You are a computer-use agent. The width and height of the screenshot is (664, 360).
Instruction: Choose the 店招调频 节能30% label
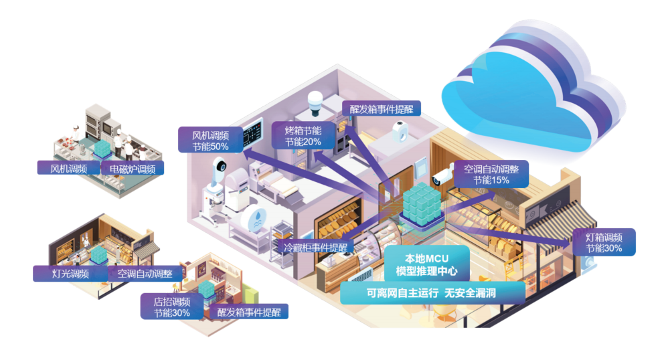172,306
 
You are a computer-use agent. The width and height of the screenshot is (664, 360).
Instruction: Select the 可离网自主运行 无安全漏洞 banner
432,292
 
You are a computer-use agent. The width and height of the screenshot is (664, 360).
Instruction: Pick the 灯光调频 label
70,273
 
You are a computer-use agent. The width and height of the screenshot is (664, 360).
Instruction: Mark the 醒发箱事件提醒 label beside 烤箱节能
381,108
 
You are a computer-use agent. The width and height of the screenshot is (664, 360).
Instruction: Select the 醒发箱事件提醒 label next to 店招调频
248,312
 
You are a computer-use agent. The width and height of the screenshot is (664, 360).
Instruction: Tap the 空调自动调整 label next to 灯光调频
145,273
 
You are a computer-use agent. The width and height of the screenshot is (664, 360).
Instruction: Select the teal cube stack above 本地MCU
422,204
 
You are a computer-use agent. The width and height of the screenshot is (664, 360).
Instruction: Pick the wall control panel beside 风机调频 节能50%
253,134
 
